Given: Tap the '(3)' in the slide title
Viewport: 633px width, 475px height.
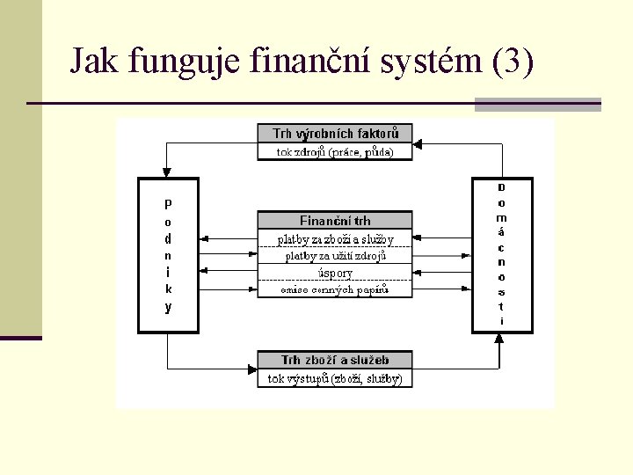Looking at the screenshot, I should [x=514, y=62].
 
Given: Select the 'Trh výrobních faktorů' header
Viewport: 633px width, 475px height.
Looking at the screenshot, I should [x=335, y=134].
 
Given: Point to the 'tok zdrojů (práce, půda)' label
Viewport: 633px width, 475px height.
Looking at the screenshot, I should [x=335, y=151].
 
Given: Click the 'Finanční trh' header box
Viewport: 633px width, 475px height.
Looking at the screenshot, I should [x=335, y=221].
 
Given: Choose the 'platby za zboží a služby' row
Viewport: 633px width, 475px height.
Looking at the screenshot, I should [x=335, y=238].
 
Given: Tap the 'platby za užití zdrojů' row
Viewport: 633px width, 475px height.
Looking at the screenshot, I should [x=335, y=256].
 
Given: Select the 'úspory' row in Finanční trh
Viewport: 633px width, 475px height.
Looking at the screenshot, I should [x=335, y=273].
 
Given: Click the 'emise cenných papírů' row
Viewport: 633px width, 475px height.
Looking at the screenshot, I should [x=335, y=289].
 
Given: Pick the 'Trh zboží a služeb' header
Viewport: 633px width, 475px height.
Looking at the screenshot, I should [x=335, y=360].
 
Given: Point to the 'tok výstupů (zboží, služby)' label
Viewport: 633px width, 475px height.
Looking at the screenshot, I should [x=335, y=379].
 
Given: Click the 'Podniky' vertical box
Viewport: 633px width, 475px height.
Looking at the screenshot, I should [x=168, y=255].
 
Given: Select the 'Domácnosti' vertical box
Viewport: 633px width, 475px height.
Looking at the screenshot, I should [x=501, y=255].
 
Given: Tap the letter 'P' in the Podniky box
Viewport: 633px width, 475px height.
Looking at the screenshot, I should [x=168, y=202].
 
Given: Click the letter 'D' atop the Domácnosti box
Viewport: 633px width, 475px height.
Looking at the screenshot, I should [x=501, y=187].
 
